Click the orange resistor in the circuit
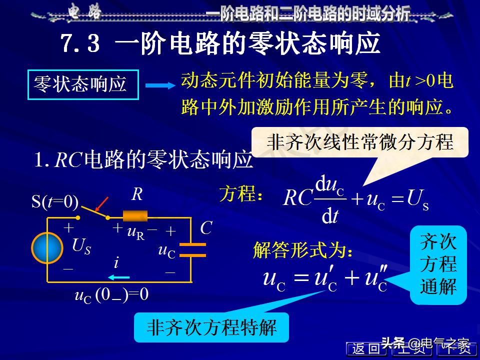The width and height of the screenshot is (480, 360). tap(135, 216)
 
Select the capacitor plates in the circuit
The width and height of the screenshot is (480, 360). tap(192, 249)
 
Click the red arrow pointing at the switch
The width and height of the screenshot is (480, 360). tap(101, 204)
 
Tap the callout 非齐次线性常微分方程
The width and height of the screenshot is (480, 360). tap(360, 142)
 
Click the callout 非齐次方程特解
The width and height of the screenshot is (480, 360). tap(211, 327)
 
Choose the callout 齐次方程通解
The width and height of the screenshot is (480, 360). tap(438, 264)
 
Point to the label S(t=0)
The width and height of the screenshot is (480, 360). tap(55, 201)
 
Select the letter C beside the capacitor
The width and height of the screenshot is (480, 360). tap(206, 228)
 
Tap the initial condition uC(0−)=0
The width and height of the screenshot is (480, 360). tap(111, 294)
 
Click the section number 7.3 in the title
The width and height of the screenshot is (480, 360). tap(80, 44)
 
